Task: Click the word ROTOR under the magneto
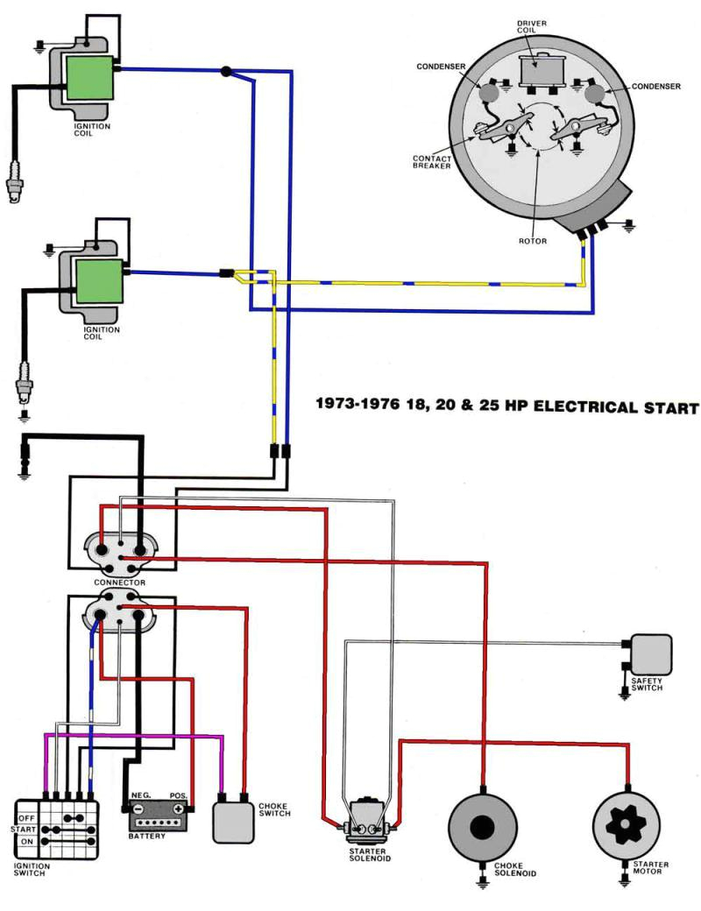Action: pos(532,241)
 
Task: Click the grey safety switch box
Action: pos(651,653)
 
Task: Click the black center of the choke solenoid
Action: pos(482,828)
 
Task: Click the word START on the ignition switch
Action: pos(23,828)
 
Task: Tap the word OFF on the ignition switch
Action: pos(26,816)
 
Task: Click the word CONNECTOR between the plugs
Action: pos(119,582)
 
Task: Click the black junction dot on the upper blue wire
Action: pos(227,72)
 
